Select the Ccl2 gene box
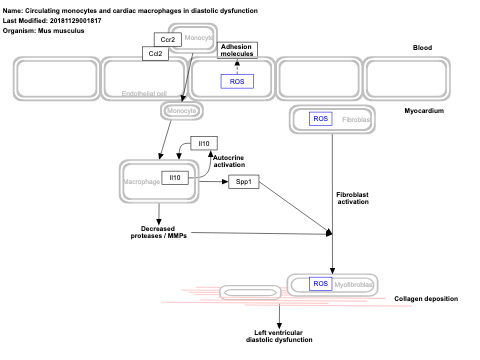pyautogui.click(x=156, y=54)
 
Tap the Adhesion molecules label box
pyautogui.click(x=236, y=50)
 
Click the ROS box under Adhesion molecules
pyautogui.click(x=237, y=81)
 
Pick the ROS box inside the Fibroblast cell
pyautogui.click(x=320, y=119)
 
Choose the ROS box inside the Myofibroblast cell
pyautogui.click(x=320, y=284)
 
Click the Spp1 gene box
pyautogui.click(x=242, y=183)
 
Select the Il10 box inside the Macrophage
pyautogui.click(x=175, y=178)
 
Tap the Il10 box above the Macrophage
pyautogui.click(x=204, y=144)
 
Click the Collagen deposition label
pyautogui.click(x=426, y=299)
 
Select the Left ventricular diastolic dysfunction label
pyautogui.click(x=279, y=336)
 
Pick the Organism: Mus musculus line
pyautogui.click(x=44, y=31)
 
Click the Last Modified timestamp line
pyautogui.click(x=52, y=20)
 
